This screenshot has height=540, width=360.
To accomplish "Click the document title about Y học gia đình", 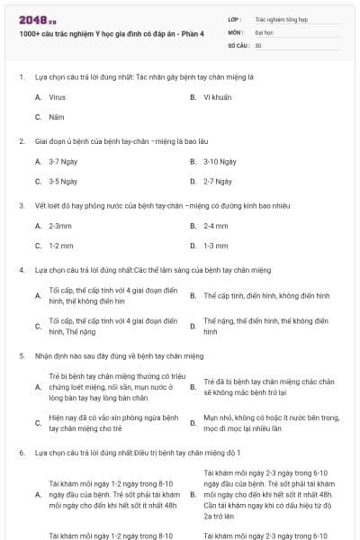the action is click(x=112, y=34).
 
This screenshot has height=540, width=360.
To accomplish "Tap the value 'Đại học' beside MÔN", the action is click(x=264, y=31).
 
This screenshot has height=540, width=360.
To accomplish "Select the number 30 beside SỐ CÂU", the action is click(x=258, y=44).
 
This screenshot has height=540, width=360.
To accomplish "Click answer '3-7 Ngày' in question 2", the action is click(x=63, y=161).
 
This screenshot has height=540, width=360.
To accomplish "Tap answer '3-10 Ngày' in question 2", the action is click(x=220, y=161).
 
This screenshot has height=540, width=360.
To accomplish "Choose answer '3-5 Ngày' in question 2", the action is click(x=63, y=181).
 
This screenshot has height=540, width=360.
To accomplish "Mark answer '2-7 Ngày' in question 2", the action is click(x=218, y=181).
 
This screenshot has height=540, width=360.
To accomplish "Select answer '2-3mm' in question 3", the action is click(x=60, y=226).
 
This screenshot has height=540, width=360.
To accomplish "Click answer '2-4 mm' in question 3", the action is click(x=216, y=226).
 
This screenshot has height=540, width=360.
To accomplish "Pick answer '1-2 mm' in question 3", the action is click(x=61, y=246).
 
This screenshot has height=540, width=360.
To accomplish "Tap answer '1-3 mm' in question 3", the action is click(x=216, y=246).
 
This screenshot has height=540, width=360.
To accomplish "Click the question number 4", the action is click(x=22, y=270).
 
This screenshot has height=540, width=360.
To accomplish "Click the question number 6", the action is click(x=22, y=453).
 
